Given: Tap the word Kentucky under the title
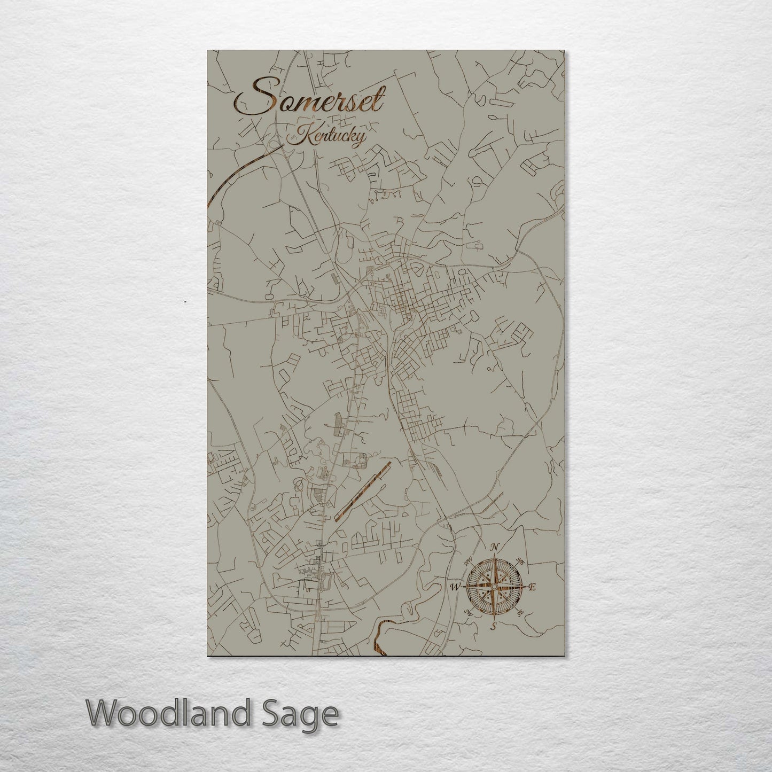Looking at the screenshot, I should [x=327, y=136].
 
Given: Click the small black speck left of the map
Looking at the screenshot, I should [x=185, y=302].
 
